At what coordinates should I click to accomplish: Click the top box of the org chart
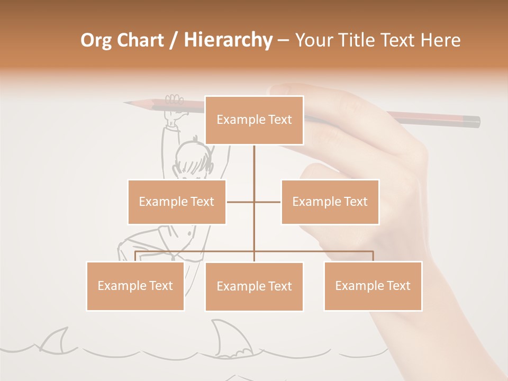pyautogui.click(x=254, y=120)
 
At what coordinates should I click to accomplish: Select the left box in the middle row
pyautogui.click(x=177, y=202)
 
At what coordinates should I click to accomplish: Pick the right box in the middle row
pyautogui.click(x=330, y=202)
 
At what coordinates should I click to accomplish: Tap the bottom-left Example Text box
pyautogui.click(x=135, y=286)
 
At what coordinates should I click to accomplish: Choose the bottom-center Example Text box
pyautogui.click(x=254, y=286)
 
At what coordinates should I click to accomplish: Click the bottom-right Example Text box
pyautogui.click(x=373, y=286)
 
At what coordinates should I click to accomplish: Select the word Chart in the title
pyautogui.click(x=143, y=40)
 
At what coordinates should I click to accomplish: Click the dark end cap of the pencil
pyautogui.click(x=473, y=122)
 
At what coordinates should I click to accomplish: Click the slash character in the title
pyautogui.click(x=174, y=40)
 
